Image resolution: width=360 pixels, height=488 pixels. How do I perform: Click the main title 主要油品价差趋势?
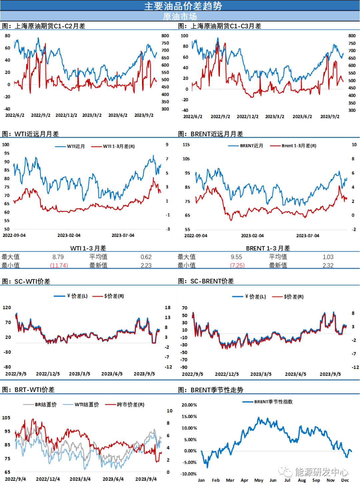(183, 6)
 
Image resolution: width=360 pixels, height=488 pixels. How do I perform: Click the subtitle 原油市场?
(180, 16)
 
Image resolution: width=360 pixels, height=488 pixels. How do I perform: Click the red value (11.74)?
(59, 265)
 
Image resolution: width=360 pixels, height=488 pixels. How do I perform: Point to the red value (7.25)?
(238, 265)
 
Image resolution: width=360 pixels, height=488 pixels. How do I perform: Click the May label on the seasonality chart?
(259, 480)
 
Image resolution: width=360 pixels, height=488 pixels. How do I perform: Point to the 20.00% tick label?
(189, 405)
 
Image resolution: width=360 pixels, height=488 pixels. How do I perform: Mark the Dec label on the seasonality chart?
(345, 480)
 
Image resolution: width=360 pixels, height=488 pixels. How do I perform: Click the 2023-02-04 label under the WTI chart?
(69, 235)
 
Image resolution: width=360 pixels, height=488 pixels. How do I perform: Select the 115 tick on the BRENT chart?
(186, 145)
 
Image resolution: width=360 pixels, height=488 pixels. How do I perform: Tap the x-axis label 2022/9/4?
(15, 479)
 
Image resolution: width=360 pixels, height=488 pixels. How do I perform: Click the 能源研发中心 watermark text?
(321, 472)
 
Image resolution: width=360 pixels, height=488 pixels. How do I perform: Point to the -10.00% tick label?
(188, 474)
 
